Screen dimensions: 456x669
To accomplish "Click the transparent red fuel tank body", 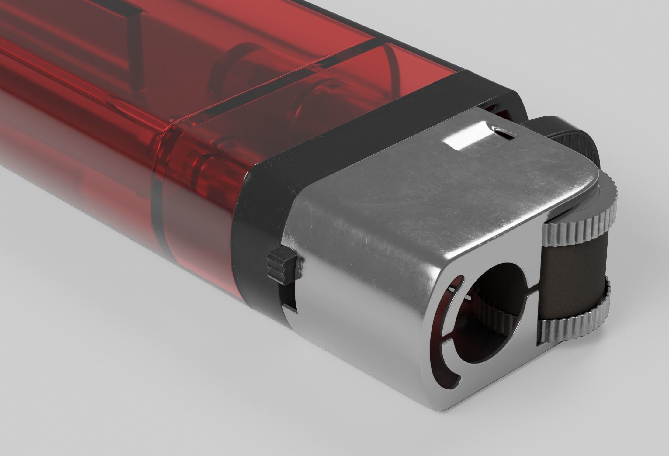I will (x=122, y=122).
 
